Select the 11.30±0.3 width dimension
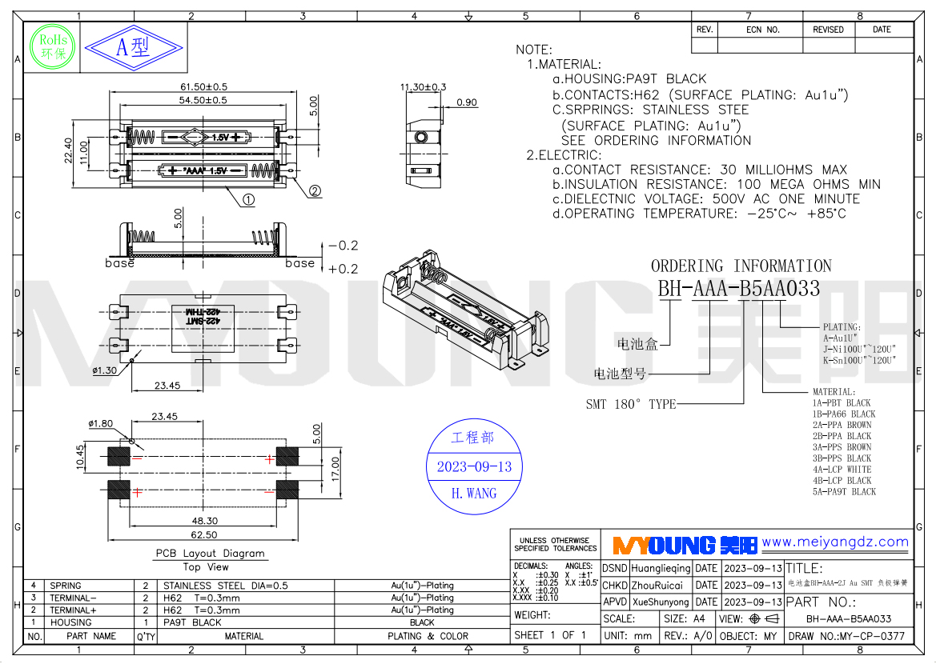[x=423, y=86]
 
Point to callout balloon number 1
[x=248, y=200]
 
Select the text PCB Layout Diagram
[x=210, y=553]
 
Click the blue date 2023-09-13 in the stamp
[x=473, y=467]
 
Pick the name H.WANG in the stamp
[x=473, y=494]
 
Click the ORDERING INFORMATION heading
[x=741, y=266]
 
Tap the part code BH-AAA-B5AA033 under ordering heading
[x=739, y=289]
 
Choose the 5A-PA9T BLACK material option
[x=844, y=492]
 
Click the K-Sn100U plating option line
[x=859, y=360]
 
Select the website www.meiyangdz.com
[x=835, y=542]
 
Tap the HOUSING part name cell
[x=70, y=622]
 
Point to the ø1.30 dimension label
[x=105, y=370]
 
